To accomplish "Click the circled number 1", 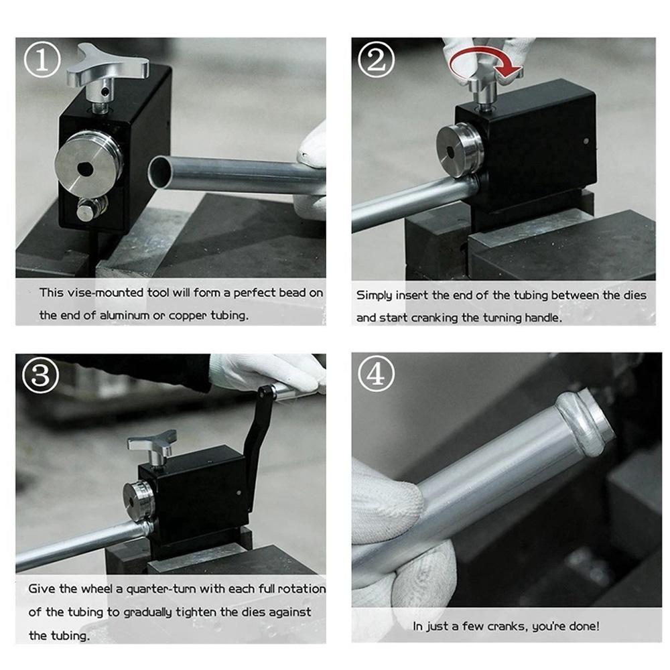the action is tap(42, 60).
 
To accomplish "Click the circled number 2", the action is tap(376, 60).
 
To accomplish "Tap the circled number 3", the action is tap(41, 375).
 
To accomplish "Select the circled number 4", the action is tap(376, 374).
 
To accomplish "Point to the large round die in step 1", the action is tap(88, 163).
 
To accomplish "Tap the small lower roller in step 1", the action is tap(90, 209).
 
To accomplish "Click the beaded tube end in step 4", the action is tap(586, 419).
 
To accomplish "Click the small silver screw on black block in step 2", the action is tap(586, 141).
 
